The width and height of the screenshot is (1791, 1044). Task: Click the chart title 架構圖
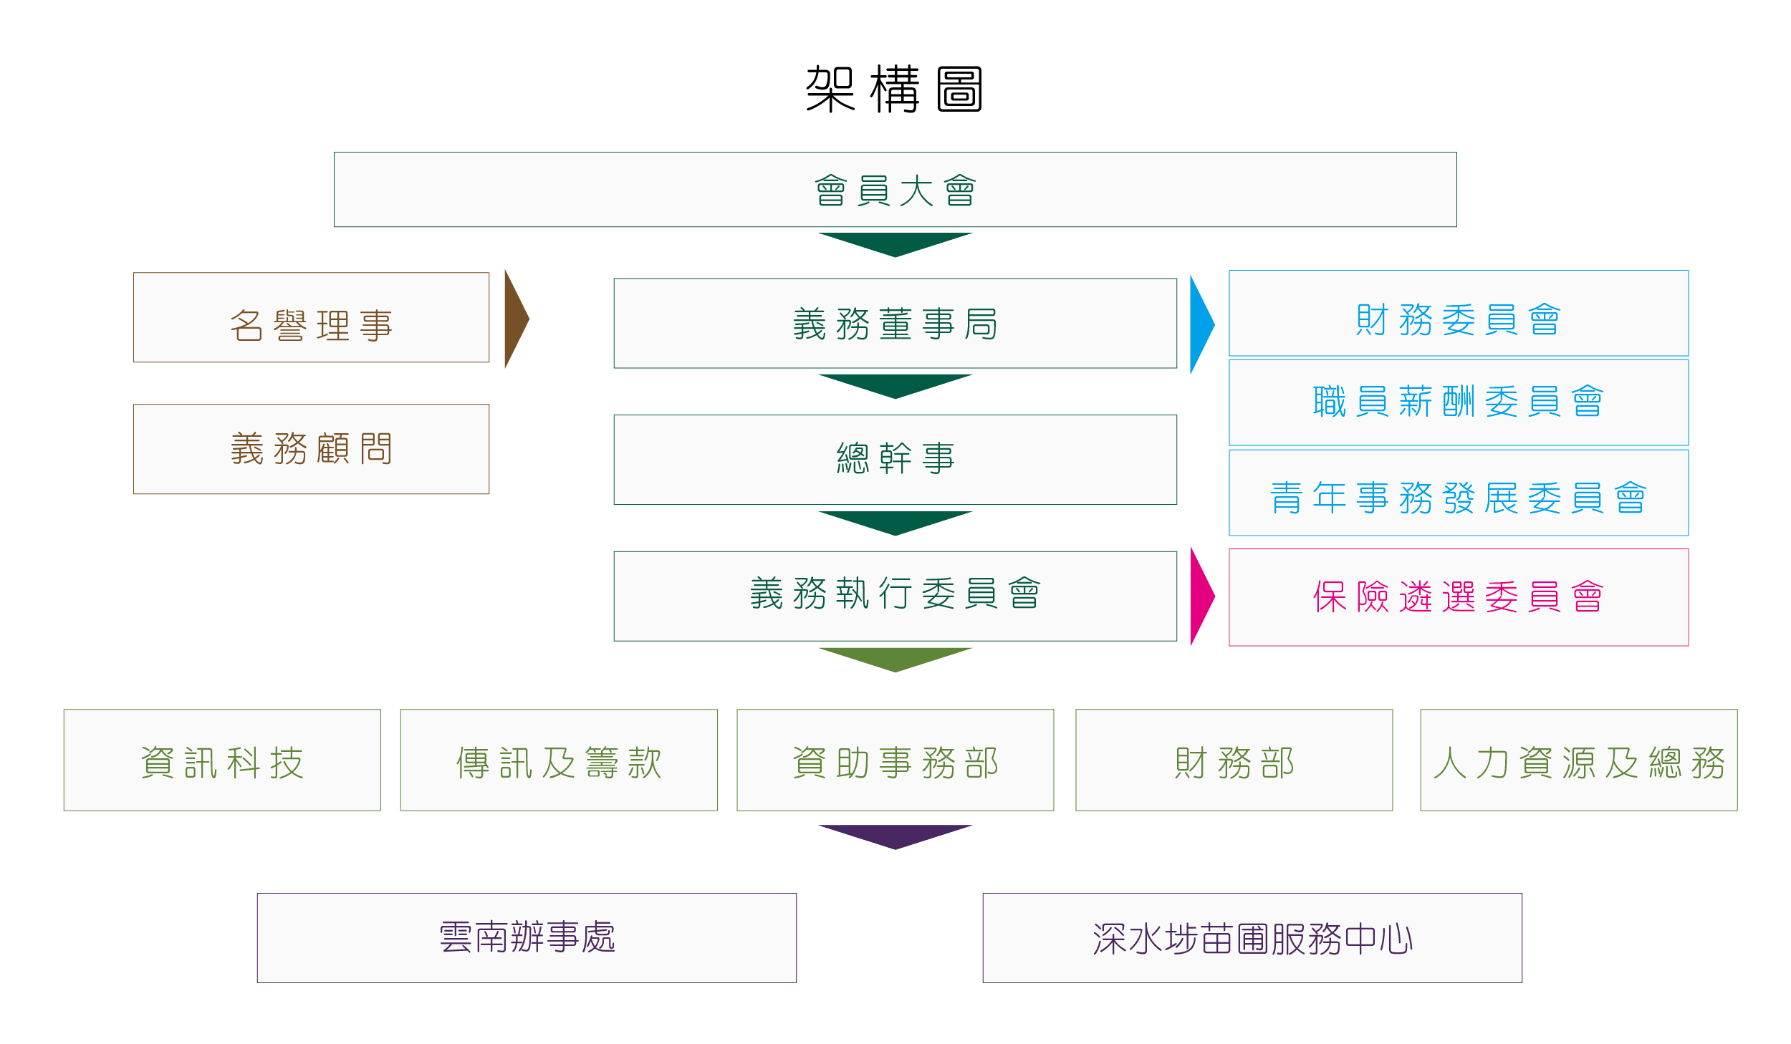coord(894,90)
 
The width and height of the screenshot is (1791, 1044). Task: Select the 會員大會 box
coord(895,190)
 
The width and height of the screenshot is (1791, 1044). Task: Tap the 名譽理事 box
coord(311,317)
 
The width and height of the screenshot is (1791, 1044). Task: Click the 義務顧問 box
coord(311,449)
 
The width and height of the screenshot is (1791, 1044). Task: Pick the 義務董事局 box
coord(895,324)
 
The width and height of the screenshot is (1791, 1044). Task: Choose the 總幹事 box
coord(895,459)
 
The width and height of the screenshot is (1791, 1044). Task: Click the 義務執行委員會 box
coord(895,596)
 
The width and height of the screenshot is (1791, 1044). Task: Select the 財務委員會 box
coord(1458,314)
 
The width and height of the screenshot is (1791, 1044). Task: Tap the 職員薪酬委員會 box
coord(1458,402)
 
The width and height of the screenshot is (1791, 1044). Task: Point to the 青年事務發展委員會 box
coord(1458,493)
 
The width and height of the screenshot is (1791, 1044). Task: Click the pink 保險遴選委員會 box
coord(1458,597)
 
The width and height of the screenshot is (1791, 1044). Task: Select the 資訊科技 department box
coord(222,760)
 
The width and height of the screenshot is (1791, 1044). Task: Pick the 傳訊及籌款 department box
coord(559,760)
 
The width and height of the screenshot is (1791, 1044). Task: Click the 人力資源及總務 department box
coord(1578,760)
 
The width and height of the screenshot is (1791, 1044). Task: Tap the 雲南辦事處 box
coord(527,937)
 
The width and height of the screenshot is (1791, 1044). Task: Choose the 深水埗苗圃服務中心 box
coord(1252,937)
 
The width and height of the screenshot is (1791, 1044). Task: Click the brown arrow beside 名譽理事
coord(515,319)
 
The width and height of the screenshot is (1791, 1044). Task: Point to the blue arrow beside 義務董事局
coord(1201,324)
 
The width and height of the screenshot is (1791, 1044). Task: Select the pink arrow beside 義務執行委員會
coord(1201,596)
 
